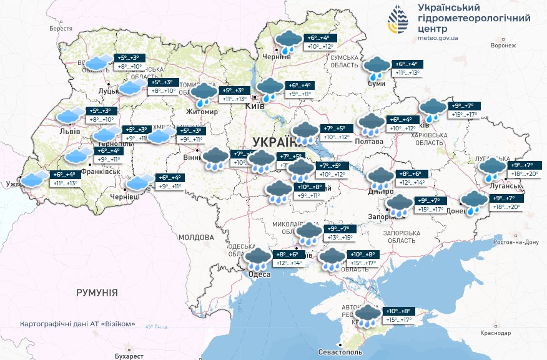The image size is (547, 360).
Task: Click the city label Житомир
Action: point(202,112)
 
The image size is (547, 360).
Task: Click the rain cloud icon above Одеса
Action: point(257,259)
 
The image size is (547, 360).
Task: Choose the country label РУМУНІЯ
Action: point(97,293)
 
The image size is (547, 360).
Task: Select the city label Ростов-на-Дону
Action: point(515,242)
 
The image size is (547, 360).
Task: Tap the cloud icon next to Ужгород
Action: point(35,179)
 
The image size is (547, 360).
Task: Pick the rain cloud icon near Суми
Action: point(377,68)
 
